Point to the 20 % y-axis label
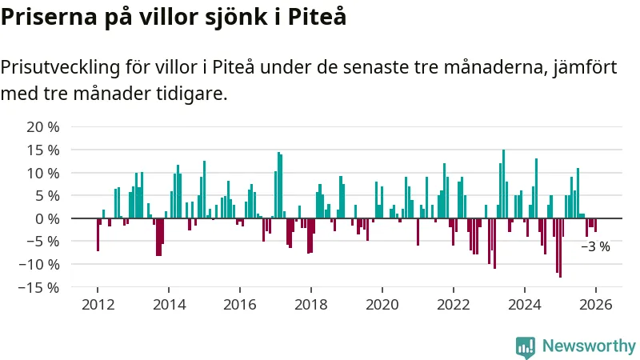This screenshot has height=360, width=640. (43, 127)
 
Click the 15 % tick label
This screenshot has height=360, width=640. (43, 150)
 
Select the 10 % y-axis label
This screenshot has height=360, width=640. (43, 173)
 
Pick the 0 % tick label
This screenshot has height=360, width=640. (47, 218)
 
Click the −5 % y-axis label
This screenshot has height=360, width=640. (43, 241)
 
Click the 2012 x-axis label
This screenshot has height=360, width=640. (98, 305)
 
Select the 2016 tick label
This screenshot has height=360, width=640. (240, 305)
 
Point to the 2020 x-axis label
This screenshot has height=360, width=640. (382, 305)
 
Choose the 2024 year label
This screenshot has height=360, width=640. (525, 305)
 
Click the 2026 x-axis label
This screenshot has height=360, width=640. (596, 305)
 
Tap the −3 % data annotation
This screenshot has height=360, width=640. (595, 247)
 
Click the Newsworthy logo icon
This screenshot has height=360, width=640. (526, 346)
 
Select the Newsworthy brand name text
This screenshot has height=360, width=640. (589, 346)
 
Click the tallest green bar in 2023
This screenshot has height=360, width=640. (503, 184)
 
